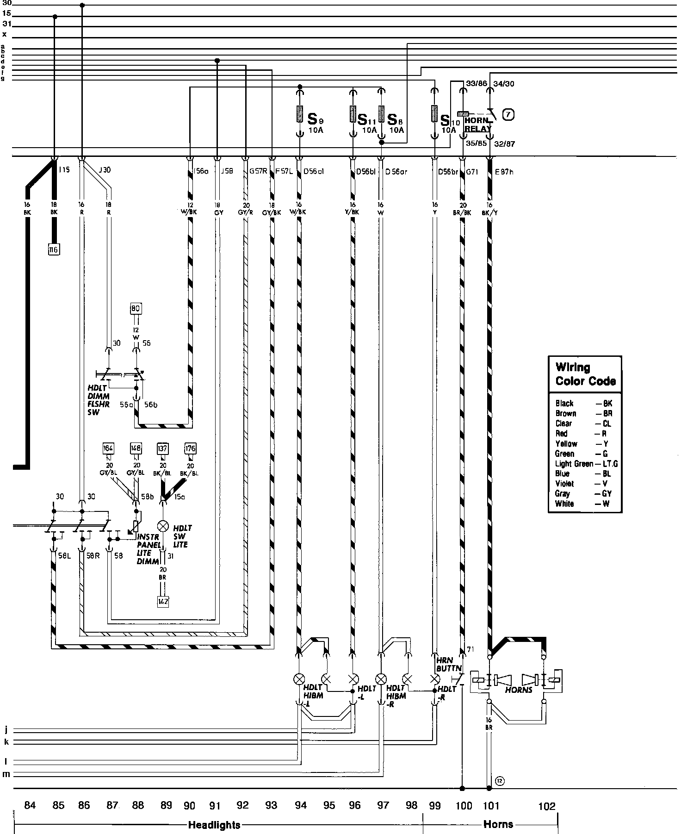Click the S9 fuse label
click(315, 119)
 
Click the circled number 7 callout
click(508, 114)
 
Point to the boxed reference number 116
click(54, 250)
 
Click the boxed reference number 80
click(136, 308)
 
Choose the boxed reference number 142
click(163, 602)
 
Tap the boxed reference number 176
click(190, 448)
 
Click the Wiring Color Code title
click(585, 374)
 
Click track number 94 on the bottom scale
click(301, 806)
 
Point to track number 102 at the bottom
click(546, 806)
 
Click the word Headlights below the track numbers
click(214, 824)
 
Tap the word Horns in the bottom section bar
click(498, 824)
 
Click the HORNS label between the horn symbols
click(519, 690)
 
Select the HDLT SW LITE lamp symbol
click(162, 526)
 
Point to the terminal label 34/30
click(504, 84)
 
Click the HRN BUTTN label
click(449, 665)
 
